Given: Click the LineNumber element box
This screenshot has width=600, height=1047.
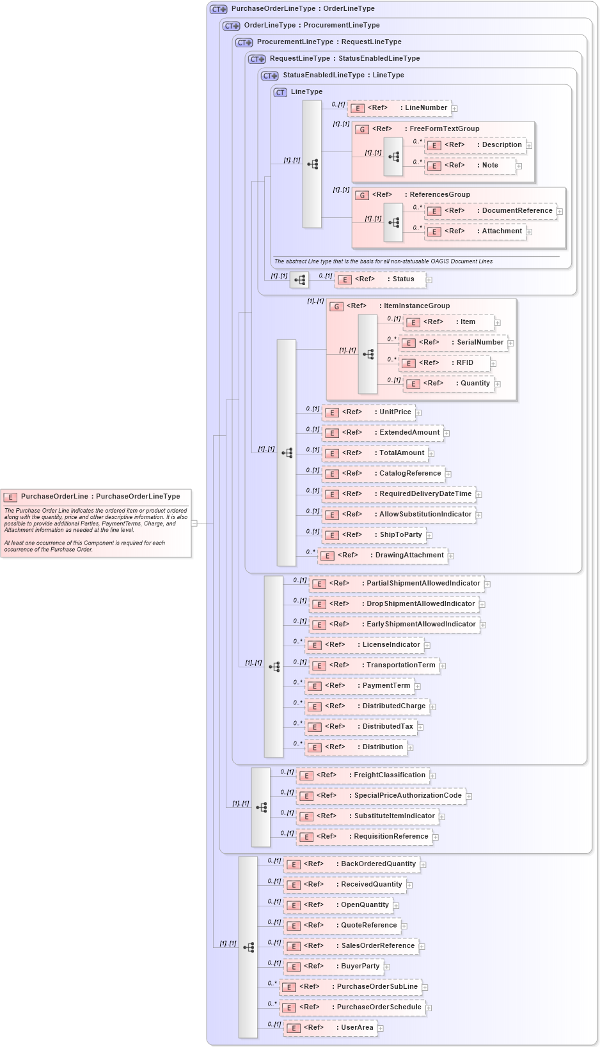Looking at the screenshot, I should (x=399, y=108).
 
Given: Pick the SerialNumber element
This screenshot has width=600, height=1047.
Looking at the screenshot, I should (x=454, y=343).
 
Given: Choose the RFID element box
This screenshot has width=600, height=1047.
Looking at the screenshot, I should (x=445, y=363).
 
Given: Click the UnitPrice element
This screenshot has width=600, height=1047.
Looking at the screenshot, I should (x=368, y=412).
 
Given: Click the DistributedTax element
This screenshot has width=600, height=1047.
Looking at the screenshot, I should (x=361, y=727).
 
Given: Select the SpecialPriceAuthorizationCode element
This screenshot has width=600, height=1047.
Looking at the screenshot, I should (x=381, y=796).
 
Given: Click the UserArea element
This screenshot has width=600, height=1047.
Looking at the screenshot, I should (x=331, y=1028).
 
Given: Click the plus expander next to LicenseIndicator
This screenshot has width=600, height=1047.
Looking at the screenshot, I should (x=427, y=646).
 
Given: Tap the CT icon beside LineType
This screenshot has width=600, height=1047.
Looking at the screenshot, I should (x=280, y=93).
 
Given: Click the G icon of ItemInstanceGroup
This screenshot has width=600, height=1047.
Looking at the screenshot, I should (x=336, y=307).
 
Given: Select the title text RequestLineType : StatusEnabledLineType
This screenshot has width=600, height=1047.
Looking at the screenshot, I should (x=345, y=59).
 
